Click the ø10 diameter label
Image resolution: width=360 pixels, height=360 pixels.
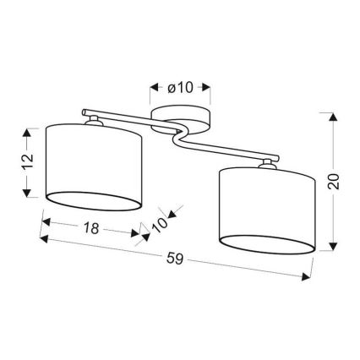tap(182, 87)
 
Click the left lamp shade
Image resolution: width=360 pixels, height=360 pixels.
tap(95, 166)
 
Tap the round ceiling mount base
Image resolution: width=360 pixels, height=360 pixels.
tap(181, 117)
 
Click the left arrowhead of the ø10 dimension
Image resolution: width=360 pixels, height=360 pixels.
tap(152, 87)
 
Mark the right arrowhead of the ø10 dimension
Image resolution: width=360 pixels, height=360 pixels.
tap(210, 87)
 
